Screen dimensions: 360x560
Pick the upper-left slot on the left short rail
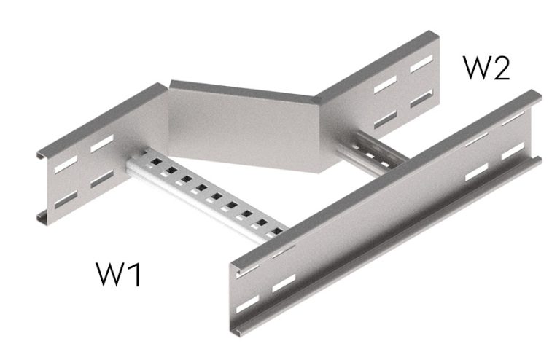(x=63, y=157)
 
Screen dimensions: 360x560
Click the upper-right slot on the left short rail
(x=101, y=142)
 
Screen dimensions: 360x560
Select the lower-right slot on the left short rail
(x=102, y=179)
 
